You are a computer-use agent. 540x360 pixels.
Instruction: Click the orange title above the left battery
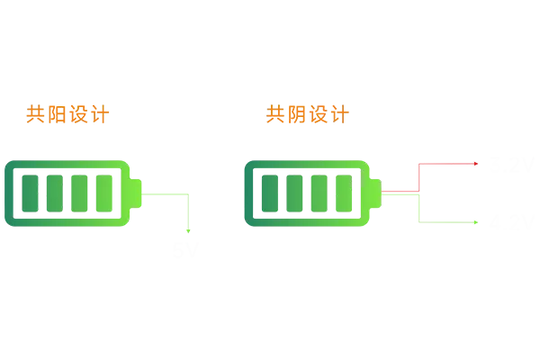point(67,115)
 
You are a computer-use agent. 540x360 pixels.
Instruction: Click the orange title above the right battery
point(309,115)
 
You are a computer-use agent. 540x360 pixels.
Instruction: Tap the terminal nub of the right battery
point(376,191)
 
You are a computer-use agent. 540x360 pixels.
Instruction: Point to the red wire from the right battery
point(447,164)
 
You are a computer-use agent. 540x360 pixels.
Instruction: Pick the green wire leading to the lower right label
point(447,219)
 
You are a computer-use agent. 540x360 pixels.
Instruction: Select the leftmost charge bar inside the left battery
point(32,192)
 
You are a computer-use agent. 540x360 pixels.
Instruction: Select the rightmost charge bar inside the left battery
point(106,192)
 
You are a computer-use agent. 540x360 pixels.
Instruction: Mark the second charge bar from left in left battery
point(57,192)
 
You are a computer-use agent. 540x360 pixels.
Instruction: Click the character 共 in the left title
point(35,115)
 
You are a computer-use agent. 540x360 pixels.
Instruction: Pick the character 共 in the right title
point(276,115)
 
